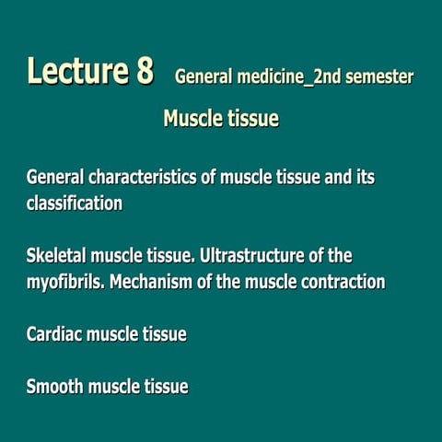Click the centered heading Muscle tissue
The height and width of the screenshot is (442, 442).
221,119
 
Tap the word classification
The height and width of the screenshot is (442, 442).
75,204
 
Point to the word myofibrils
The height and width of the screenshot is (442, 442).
64,281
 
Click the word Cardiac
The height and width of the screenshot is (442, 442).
54,334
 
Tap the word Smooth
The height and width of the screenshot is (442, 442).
55,387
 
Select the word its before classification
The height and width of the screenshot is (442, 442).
366,178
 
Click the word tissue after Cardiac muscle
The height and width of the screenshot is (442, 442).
162,334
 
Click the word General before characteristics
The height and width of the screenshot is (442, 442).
54,178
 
